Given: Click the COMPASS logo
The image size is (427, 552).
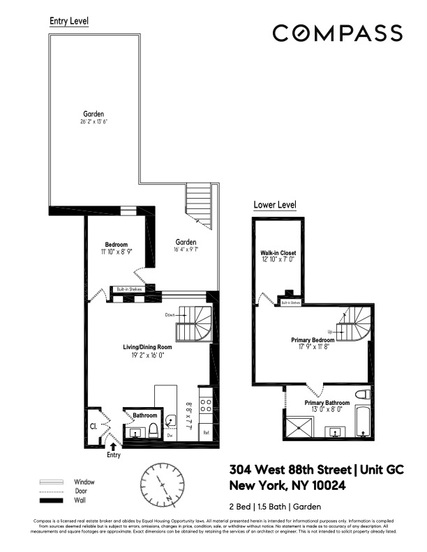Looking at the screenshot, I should click(x=336, y=33).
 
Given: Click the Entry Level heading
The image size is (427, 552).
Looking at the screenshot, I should click(x=68, y=21).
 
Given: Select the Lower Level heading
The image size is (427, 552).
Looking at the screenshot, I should click(x=275, y=205).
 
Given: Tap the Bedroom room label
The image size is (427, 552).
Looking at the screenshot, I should click(x=115, y=244).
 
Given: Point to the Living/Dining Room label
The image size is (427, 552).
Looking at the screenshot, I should click(x=144, y=346).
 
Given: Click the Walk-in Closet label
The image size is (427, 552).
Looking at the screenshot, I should click(x=276, y=253).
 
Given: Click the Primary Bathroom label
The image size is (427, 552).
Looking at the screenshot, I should click(x=328, y=403).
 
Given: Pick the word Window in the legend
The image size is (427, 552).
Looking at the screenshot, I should click(x=84, y=482).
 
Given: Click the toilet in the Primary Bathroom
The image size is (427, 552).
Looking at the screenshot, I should click(x=361, y=397).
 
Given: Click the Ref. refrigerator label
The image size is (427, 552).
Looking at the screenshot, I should click(x=207, y=432).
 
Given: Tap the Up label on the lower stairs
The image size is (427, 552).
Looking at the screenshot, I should click(x=331, y=332).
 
